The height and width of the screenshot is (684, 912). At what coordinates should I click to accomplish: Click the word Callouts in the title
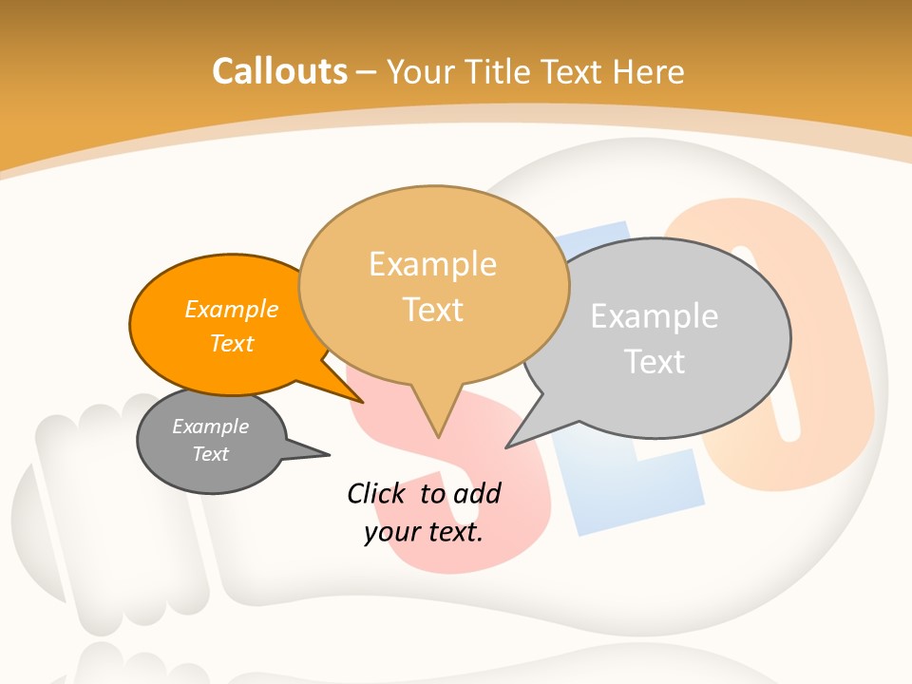click(x=280, y=71)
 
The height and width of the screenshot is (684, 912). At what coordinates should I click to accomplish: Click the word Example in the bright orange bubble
click(x=232, y=309)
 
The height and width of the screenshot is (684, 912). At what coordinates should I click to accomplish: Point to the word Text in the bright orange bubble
click(x=232, y=343)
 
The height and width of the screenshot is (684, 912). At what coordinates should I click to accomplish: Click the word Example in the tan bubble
click(x=433, y=264)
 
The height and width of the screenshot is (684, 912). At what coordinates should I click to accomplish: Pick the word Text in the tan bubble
click(x=433, y=310)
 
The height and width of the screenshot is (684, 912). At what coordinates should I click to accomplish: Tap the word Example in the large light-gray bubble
click(x=655, y=315)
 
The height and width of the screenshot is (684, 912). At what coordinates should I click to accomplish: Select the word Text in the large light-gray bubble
click(x=655, y=361)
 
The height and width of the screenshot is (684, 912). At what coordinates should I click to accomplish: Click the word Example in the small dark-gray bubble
click(x=211, y=427)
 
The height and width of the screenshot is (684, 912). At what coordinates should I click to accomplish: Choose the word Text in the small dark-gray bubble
click(x=211, y=454)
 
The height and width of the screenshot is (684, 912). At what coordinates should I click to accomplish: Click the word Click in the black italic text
click(x=377, y=493)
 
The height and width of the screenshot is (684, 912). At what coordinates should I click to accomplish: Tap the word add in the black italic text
click(x=477, y=493)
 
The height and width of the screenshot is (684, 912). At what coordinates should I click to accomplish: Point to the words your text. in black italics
click(x=424, y=532)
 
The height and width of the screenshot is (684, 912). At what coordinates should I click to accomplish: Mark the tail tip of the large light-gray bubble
click(x=507, y=446)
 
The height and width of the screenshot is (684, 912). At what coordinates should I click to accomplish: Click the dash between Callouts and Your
click(x=367, y=72)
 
